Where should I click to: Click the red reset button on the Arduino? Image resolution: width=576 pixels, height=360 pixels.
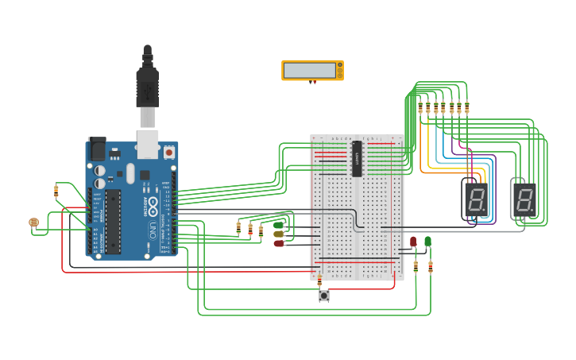tap(168, 151)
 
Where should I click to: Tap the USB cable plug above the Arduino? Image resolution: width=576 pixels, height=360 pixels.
tap(147, 87)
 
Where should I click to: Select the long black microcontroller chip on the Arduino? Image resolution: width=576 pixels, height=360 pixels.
tap(113, 222)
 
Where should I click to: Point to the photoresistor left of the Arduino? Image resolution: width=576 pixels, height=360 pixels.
tap(33, 223)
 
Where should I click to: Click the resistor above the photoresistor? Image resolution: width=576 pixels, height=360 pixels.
tap(56, 191)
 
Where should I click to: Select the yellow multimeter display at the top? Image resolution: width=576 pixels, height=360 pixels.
tap(312, 70)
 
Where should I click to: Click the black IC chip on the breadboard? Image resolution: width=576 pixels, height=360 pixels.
tap(357, 158)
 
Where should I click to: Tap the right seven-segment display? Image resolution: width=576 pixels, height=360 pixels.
tap(523, 199)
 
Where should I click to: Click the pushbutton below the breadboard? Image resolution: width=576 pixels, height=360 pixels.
tap(324, 296)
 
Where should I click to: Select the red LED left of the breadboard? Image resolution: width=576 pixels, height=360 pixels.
tap(279, 244)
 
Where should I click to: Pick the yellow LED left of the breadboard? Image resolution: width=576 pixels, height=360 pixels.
tap(279, 234)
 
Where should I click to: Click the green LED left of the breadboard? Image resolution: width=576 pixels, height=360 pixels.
tap(279, 225)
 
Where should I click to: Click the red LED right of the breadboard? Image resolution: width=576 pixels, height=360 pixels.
tap(413, 241)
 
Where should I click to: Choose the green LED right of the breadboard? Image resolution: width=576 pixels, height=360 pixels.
tap(427, 241)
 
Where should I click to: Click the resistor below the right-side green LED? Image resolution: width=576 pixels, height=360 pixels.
tap(430, 267)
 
